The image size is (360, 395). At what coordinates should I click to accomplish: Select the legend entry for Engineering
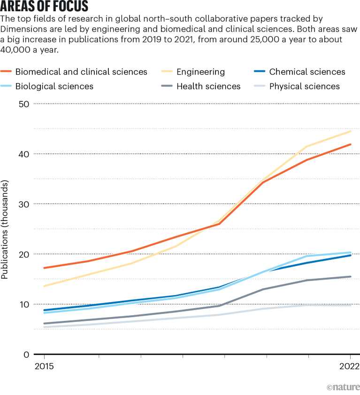[x=200, y=72]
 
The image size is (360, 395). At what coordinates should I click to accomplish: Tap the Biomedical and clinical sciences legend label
[x=81, y=72]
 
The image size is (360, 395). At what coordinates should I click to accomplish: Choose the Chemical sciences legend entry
[x=307, y=72]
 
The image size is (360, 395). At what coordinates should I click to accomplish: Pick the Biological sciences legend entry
[x=54, y=86]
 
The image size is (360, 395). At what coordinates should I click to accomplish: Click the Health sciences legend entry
[x=208, y=86]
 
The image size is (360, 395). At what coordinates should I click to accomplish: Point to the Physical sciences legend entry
[x=304, y=86]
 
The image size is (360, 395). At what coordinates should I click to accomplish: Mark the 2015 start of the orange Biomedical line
[x=44, y=268]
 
